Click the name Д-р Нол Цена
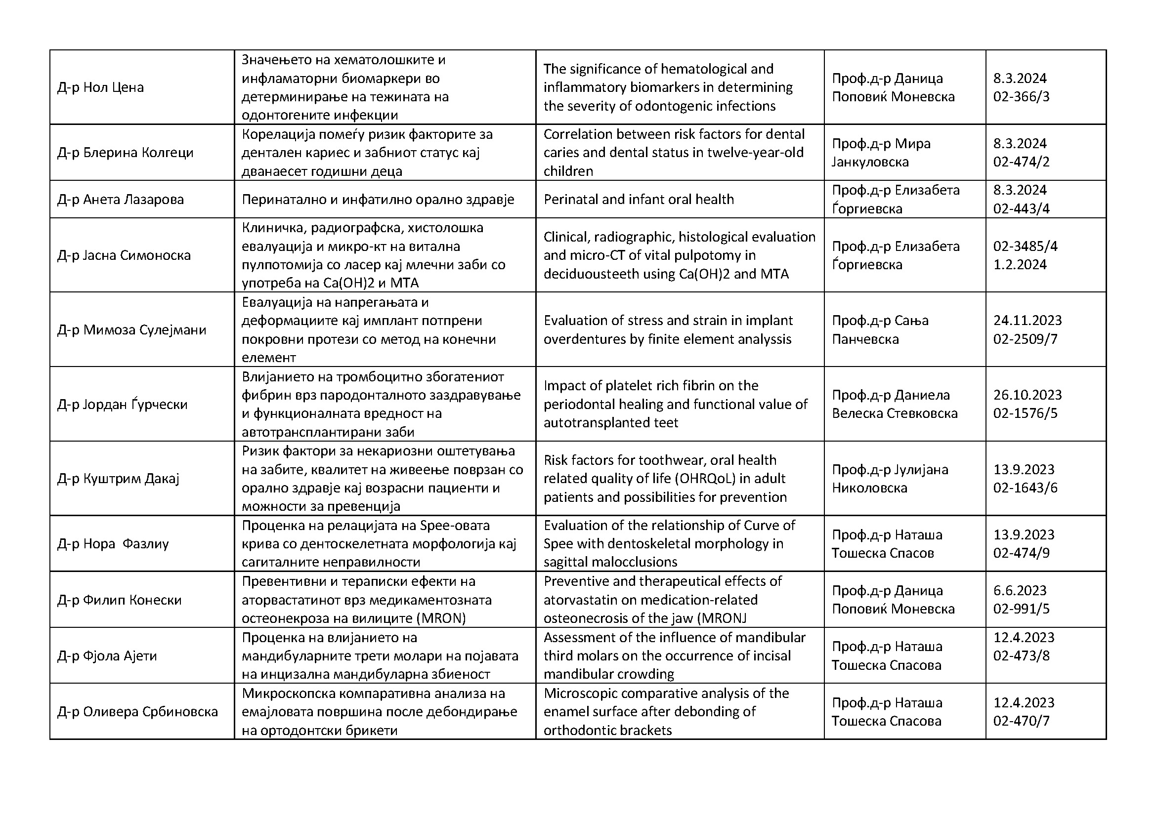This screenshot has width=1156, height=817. point(101,87)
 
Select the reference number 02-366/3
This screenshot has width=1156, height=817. point(1021,97)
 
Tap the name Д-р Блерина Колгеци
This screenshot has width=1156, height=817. point(126,153)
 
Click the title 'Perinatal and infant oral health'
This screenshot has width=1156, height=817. point(639,199)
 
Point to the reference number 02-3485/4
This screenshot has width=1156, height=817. point(1025,246)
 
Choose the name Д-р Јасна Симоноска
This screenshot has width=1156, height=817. point(124,255)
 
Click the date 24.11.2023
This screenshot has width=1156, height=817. point(1028,321)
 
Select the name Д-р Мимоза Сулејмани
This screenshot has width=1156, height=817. point(131,330)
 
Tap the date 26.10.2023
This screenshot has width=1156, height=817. point(1028,395)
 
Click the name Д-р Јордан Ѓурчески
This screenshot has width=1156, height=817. point(123,405)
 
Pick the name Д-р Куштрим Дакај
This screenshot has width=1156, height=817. point(118,479)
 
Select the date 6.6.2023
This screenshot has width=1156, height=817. point(1020,591)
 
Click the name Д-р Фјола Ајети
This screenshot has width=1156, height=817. point(107,656)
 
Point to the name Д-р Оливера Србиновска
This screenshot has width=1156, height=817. point(137,712)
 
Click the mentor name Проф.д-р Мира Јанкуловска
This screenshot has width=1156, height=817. point(881,153)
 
